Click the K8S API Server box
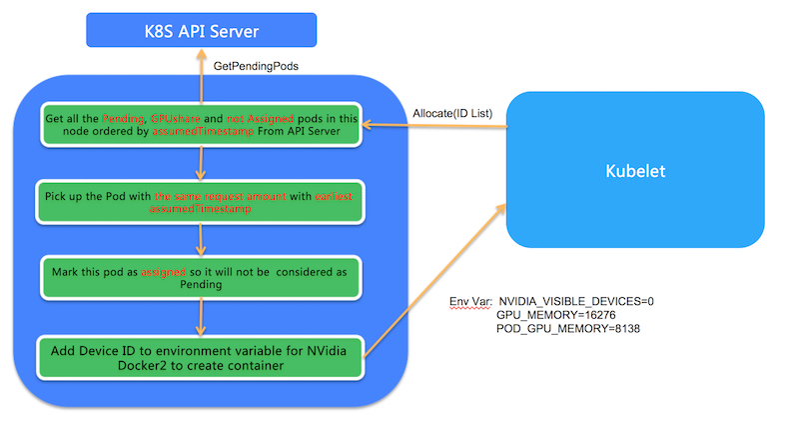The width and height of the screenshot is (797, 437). click(x=202, y=30)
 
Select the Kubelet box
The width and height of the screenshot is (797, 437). click(x=636, y=171)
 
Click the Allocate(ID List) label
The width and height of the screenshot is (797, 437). click(x=451, y=112)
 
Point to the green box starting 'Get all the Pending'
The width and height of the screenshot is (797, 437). click(x=202, y=126)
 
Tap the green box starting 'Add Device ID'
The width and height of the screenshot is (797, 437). click(x=201, y=358)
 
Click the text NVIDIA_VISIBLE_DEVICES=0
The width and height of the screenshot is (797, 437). click(x=576, y=300)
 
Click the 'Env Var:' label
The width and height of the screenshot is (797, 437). click(x=470, y=300)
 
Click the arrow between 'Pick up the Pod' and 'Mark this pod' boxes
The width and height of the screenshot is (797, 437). click(x=202, y=239)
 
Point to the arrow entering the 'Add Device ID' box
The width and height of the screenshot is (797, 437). click(x=202, y=317)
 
